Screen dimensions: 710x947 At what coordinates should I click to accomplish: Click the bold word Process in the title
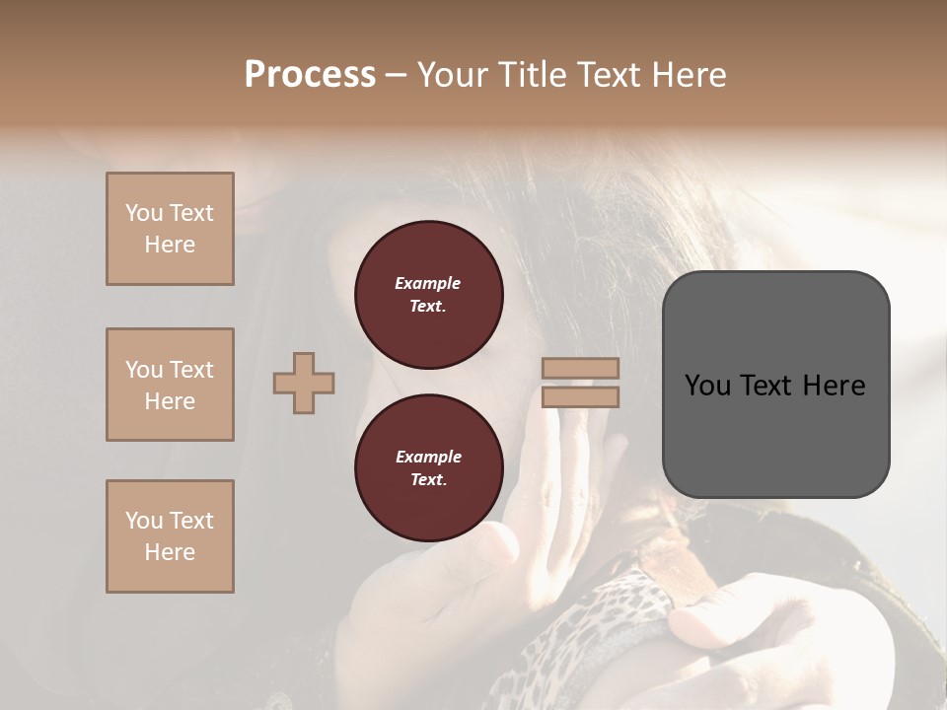310,75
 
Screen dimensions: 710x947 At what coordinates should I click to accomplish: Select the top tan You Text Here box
170,229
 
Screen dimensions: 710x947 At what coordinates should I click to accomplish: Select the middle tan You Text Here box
170,385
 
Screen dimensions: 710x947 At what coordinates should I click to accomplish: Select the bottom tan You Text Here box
170,536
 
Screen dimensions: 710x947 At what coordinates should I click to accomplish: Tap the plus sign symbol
304,383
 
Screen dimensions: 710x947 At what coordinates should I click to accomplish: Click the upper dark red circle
428,295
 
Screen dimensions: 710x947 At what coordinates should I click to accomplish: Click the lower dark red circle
428,468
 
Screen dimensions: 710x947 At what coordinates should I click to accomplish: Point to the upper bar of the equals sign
580,368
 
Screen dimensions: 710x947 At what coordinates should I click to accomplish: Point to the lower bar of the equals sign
580,396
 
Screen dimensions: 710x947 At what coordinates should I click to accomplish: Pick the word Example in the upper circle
428,283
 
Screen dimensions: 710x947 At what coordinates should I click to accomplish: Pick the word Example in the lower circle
428,457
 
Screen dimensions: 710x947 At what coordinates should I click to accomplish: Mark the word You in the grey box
707,386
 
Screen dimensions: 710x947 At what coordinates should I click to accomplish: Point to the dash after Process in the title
396,75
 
